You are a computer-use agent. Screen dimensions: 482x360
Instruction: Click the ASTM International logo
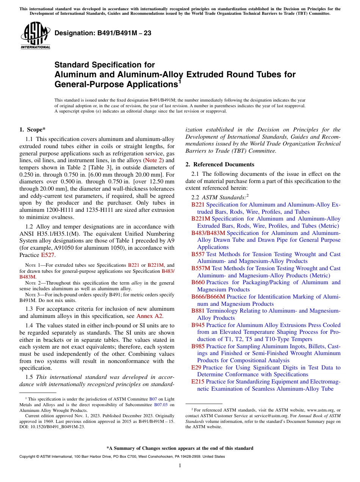(x=35, y=36)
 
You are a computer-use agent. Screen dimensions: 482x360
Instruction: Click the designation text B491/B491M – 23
(x=103, y=33)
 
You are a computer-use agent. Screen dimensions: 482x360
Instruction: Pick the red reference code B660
(x=198, y=282)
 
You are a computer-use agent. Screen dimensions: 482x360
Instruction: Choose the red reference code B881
(x=198, y=311)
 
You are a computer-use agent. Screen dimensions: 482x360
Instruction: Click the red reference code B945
(x=198, y=325)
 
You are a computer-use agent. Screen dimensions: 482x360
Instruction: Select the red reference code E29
(x=197, y=368)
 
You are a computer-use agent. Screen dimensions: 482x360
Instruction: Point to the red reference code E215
(x=198, y=382)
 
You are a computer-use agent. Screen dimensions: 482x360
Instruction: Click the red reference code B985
(x=198, y=346)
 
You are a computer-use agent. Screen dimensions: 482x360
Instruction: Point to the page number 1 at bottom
(x=180, y=466)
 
